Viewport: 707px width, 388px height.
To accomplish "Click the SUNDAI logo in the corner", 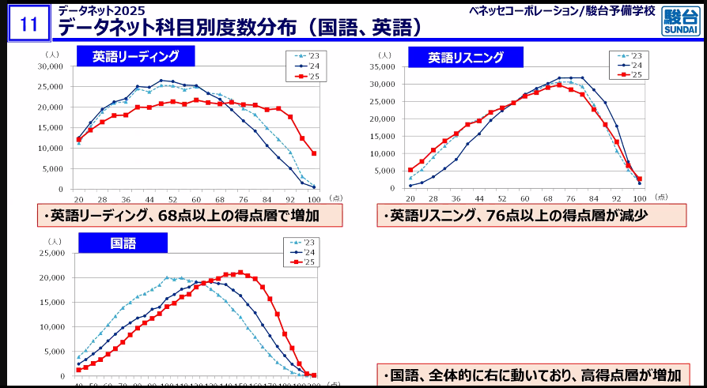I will pyautogui.click(x=681, y=23).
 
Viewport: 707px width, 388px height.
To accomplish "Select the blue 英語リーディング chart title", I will pyautogui.click(x=135, y=56).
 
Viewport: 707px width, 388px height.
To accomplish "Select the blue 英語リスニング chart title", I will pyautogui.click(x=466, y=57).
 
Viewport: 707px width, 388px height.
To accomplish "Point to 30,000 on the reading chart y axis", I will pyautogui.click(x=50, y=66).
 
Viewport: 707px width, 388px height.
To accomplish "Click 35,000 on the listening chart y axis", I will pyautogui.click(x=382, y=66).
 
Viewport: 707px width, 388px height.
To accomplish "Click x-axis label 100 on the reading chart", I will pyautogui.click(x=314, y=198).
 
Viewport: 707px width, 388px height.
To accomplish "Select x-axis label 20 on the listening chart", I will pyautogui.click(x=410, y=197).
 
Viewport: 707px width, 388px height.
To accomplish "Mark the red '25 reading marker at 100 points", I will pyautogui.click(x=314, y=153).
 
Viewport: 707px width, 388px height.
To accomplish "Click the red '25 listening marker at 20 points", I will pyautogui.click(x=410, y=170).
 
